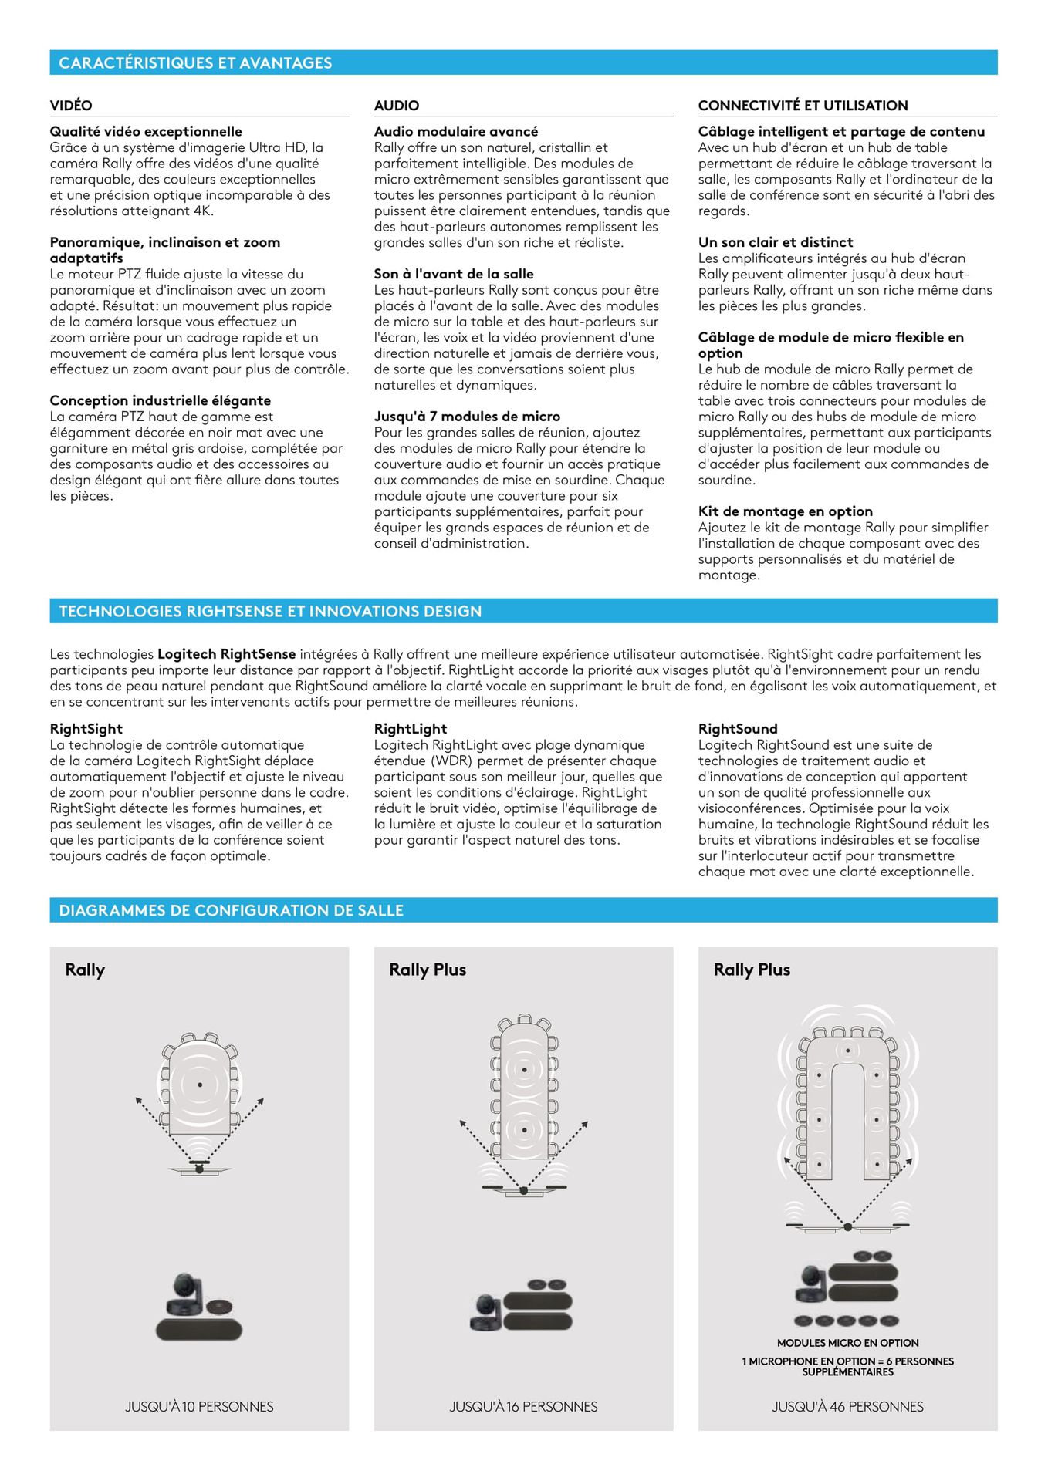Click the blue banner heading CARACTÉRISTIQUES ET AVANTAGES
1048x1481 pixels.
[195, 63]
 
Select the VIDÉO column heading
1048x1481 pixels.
[71, 106]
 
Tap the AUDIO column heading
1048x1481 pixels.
[397, 106]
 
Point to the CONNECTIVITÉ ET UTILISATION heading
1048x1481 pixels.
[803, 106]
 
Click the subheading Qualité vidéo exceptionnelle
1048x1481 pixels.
[146, 132]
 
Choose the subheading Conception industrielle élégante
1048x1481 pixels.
[160, 400]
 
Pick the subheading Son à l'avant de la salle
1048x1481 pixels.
[454, 274]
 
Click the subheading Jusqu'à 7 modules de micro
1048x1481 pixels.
[467, 417]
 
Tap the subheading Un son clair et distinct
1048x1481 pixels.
[776, 242]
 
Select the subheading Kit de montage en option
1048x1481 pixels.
[785, 511]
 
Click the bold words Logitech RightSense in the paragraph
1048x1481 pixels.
[227, 654]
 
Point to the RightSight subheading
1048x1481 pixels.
[86, 729]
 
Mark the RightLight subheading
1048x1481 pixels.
[410, 729]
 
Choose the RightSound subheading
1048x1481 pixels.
[738, 729]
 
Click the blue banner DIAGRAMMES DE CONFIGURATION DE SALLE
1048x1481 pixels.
[231, 910]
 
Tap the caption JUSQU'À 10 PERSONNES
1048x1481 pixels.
[199, 1407]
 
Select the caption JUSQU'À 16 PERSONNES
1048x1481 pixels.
[523, 1407]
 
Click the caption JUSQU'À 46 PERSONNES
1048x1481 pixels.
[847, 1407]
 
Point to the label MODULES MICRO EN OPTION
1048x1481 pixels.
[847, 1343]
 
